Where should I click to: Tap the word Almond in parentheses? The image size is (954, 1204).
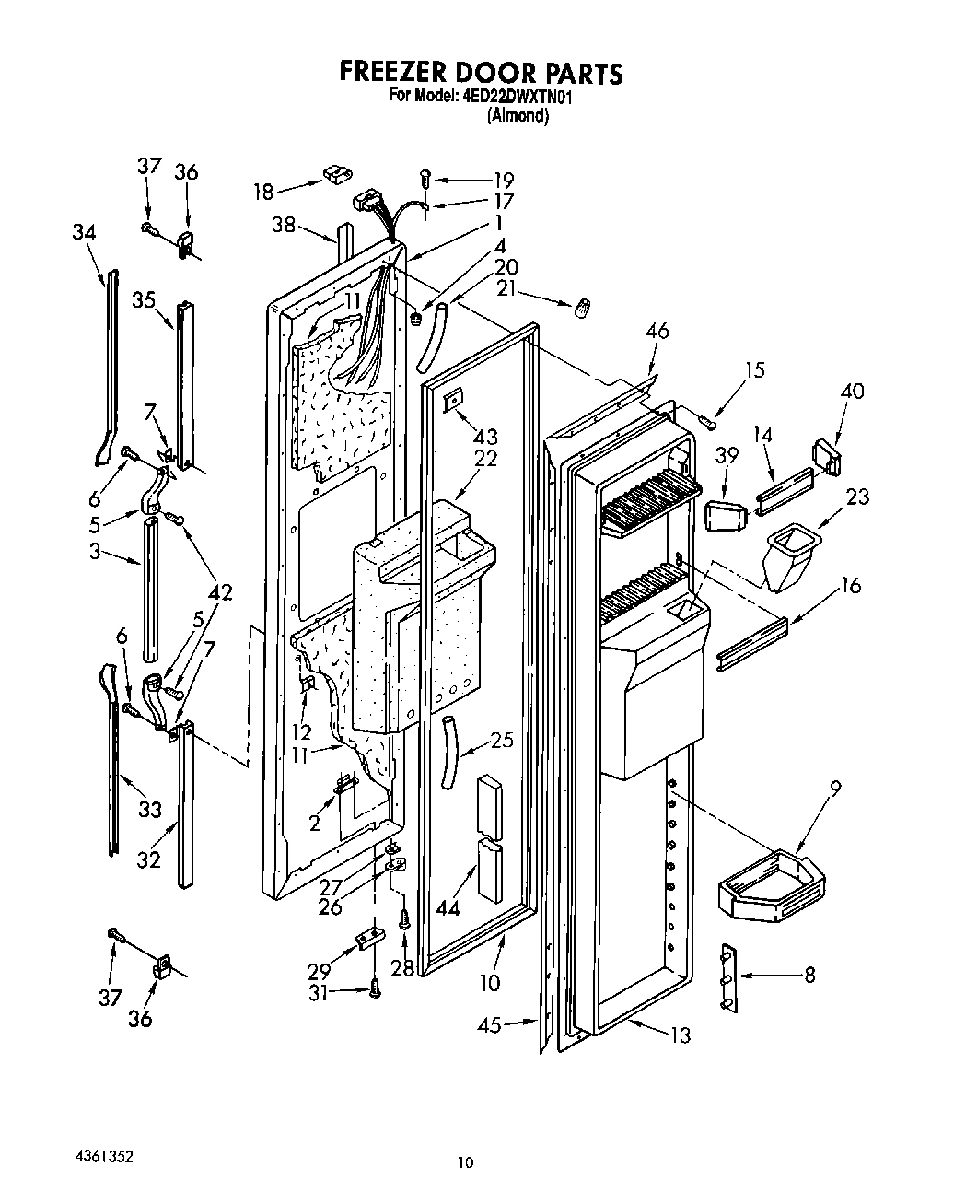(518, 116)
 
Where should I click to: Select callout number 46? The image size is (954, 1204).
(657, 333)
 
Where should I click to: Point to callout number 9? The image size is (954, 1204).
(834, 789)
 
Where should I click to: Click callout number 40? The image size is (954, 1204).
(852, 392)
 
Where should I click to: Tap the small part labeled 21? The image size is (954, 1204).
(582, 309)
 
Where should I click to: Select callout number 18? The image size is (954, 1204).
(263, 192)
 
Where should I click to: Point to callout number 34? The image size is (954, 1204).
(84, 232)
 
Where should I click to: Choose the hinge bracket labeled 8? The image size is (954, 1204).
(727, 976)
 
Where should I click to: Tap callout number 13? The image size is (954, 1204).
(680, 1035)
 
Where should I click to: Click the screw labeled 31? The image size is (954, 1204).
(376, 989)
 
